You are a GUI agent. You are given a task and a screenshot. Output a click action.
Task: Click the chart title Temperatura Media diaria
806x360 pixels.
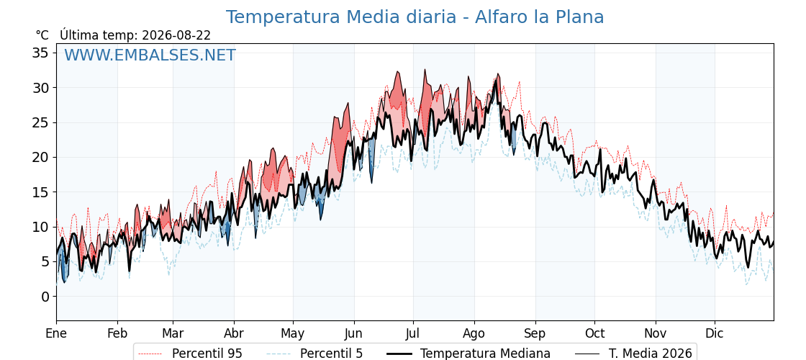(x=341, y=17)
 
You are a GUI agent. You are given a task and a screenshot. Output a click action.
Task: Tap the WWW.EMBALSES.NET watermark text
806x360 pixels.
(x=150, y=55)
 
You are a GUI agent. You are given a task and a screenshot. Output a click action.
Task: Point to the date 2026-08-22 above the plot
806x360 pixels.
(x=176, y=35)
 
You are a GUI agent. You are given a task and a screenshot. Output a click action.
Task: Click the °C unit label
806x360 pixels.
(x=42, y=35)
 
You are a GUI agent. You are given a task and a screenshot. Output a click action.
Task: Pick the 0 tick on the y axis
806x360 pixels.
(x=46, y=297)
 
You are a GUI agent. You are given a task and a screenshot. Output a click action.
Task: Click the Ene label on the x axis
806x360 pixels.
(x=56, y=333)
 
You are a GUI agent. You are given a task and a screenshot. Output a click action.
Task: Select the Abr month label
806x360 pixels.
(x=234, y=333)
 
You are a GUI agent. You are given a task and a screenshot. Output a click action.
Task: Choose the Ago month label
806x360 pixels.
(x=474, y=333)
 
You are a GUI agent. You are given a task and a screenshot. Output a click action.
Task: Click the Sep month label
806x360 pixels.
(x=535, y=333)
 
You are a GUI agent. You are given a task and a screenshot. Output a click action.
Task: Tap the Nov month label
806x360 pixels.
(x=656, y=333)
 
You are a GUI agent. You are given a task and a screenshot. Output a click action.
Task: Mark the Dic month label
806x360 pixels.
(x=715, y=333)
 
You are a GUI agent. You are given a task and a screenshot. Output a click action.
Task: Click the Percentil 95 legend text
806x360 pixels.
(x=207, y=354)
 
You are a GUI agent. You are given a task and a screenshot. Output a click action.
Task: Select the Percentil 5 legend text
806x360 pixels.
(x=332, y=354)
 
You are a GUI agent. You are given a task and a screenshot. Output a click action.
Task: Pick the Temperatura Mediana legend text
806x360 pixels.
(x=485, y=354)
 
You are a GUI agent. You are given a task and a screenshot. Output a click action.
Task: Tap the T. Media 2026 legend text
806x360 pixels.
(x=651, y=354)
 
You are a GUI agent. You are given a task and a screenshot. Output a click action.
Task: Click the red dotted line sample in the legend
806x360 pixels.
(x=151, y=354)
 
